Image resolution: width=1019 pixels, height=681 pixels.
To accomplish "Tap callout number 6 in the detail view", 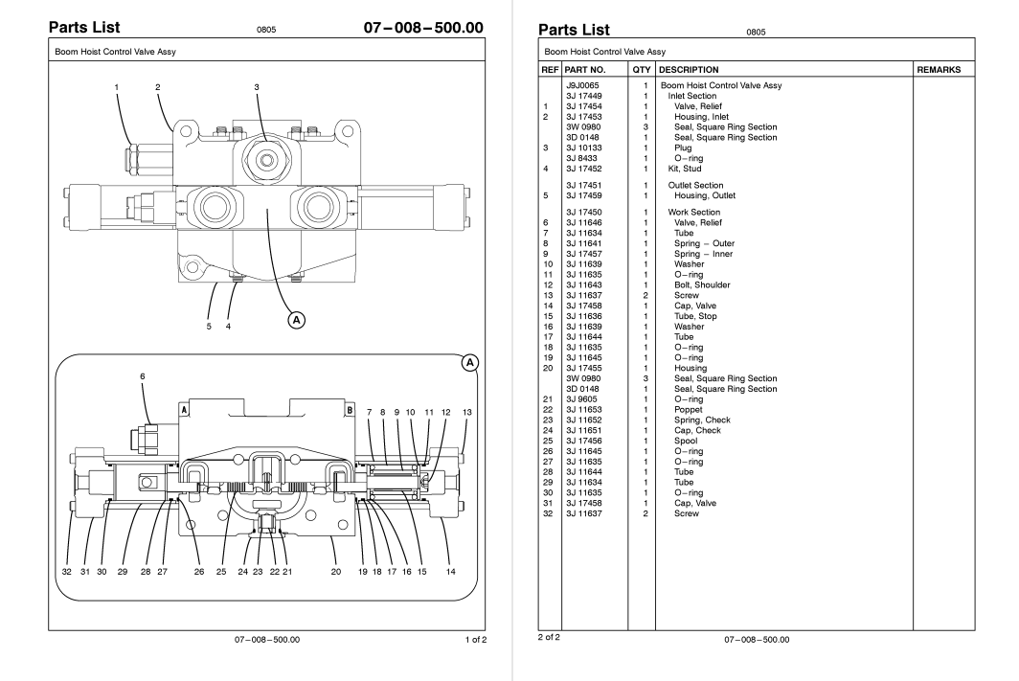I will point(143,376).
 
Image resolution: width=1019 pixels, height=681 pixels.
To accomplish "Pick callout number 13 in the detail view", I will point(466,412).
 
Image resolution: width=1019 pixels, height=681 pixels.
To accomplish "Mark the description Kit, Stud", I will point(687,170).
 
